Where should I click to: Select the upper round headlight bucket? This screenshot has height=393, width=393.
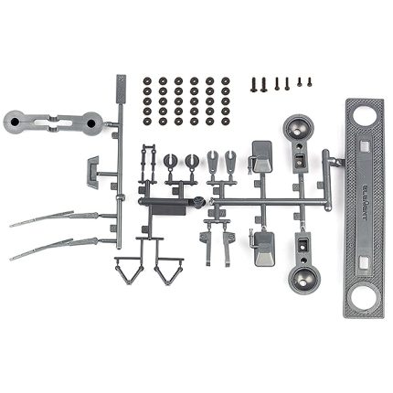pos(299,131)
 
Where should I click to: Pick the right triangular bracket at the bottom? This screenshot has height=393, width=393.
pos(168,271)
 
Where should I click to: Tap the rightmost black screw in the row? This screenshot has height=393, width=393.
pos(309,80)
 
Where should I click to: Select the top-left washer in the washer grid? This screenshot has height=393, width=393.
pos(149,80)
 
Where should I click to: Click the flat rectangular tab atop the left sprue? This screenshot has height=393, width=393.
pos(120,90)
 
